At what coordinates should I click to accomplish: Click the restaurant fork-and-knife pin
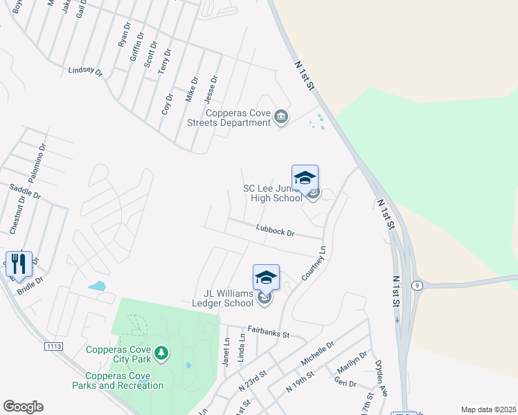(19, 264)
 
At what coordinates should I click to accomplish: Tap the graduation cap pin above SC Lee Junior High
(305, 178)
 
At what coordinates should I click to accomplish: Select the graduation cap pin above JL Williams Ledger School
(266, 278)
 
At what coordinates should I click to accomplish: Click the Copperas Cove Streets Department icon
(281, 117)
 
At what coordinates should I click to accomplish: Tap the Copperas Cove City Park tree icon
(161, 354)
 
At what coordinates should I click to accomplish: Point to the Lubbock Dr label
(275, 230)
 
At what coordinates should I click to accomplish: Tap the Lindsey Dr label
(85, 71)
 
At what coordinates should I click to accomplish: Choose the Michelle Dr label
(317, 353)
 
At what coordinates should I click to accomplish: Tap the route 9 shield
(416, 285)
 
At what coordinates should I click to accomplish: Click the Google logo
(23, 407)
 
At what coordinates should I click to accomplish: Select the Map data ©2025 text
(488, 409)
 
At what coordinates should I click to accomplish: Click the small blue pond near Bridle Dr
(98, 286)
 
